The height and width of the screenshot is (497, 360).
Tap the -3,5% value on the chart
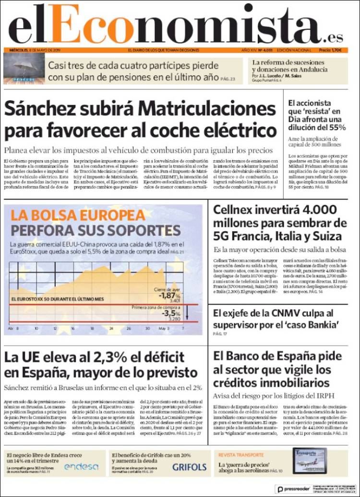170,313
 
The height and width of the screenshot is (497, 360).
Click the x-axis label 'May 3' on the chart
164,329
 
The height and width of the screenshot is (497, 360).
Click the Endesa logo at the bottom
81,466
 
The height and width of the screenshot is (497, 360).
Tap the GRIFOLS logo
189,467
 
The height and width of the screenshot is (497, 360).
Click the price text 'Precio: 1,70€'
330,50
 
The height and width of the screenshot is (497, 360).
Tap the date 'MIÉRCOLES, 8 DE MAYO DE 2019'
39,50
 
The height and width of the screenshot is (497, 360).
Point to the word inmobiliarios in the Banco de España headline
288,383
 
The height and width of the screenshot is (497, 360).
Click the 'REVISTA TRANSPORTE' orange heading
241,455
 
